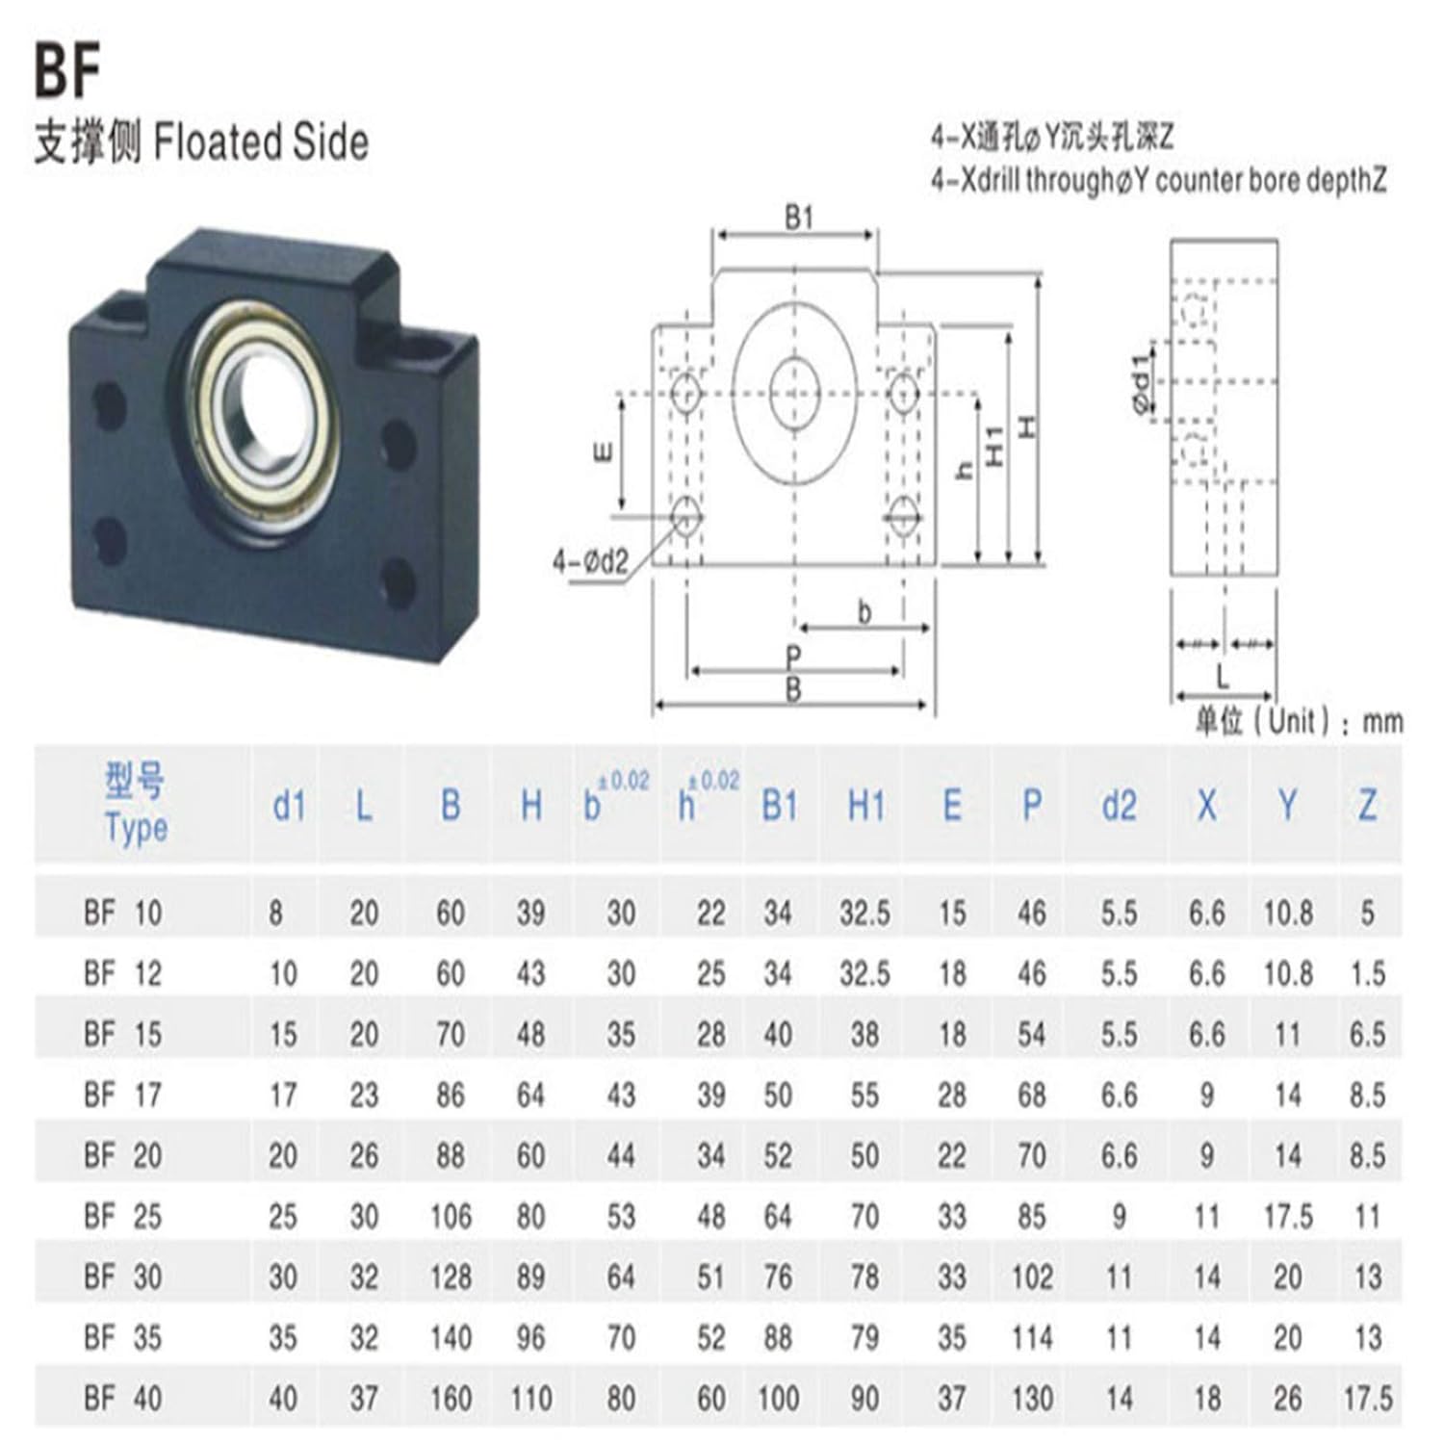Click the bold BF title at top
pos(67,71)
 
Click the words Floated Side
pos(261,142)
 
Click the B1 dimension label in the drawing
pos(797,219)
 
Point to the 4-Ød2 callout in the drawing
pos(590,561)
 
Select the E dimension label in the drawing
pos(603,451)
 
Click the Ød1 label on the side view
pos(1141,383)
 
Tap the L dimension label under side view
pos(1223,677)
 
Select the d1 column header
pos(288,806)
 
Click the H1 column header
pos(865,806)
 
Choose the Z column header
pos(1367,806)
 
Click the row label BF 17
pos(122,1095)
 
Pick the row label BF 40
pos(122,1398)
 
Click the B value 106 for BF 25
pos(451,1217)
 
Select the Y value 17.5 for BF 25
pos(1287,1217)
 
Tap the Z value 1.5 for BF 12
pos(1367,974)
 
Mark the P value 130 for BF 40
pos(1031,1398)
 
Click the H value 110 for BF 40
pos(530,1398)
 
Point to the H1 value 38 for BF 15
pos(864,1035)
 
